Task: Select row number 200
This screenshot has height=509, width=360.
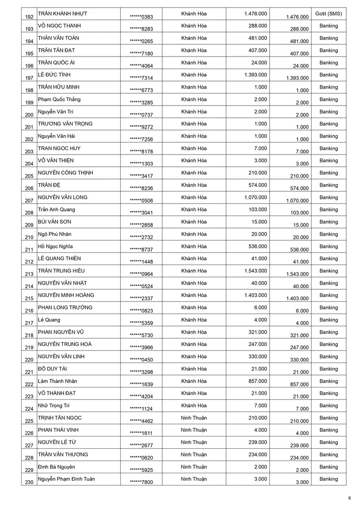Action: pos(29,115)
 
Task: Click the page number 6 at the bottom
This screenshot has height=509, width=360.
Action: pos(350,498)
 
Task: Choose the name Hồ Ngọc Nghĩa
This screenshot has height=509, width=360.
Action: pos(55,246)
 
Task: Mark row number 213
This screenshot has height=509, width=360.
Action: pos(29,274)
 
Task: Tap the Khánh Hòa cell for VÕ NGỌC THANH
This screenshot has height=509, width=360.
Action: pos(194,26)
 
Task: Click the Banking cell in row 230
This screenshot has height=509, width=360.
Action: pos(328,479)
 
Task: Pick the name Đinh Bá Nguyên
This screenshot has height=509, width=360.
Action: pos(57,467)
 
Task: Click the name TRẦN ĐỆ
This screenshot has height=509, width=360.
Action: pos(49,185)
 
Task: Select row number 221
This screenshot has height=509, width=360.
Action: pos(29,372)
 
